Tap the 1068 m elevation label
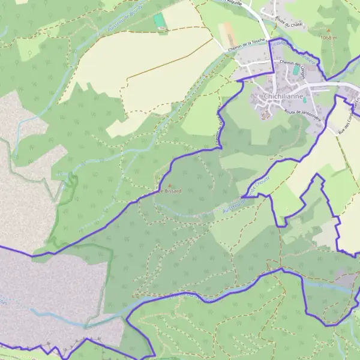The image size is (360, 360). [329, 38]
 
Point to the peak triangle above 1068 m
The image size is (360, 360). [328, 29]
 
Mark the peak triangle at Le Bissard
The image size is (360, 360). [169, 185]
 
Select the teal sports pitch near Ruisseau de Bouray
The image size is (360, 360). [160, 20]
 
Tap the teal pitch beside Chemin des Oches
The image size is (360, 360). [296, 71]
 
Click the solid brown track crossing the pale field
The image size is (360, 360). [168, 66]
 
